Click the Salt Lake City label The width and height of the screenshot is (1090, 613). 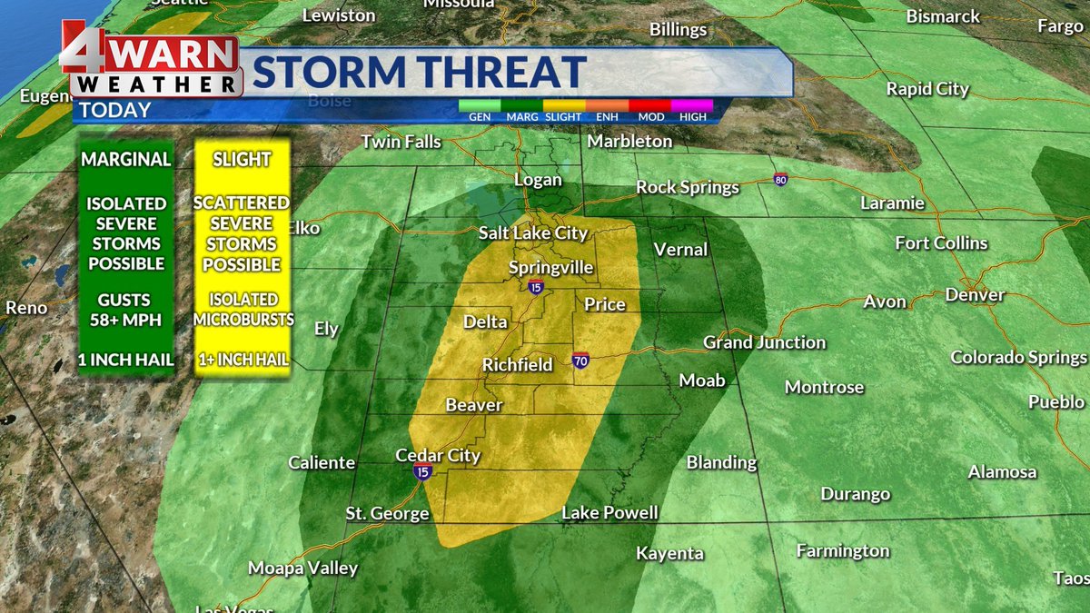[x=533, y=233]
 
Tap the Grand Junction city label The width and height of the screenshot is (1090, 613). [x=764, y=342]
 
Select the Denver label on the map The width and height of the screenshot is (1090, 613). [x=975, y=295]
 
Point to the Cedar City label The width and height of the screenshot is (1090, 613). [x=438, y=455]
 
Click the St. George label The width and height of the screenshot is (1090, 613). [x=387, y=514]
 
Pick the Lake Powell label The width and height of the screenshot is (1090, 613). [x=609, y=513]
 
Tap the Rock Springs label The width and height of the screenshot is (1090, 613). [x=687, y=187]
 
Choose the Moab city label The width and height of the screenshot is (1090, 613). [x=702, y=381]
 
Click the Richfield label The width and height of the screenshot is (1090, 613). [x=517, y=365]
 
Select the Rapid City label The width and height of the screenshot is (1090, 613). [x=927, y=89]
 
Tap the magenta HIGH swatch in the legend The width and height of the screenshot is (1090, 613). [x=692, y=105]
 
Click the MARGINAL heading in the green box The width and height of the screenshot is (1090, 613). [x=126, y=160]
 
